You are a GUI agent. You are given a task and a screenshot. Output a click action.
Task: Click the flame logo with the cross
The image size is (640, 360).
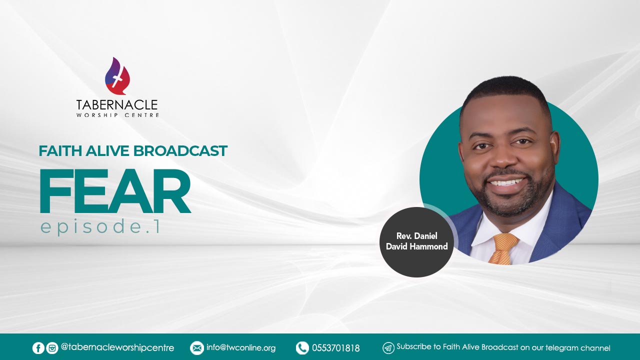tap(117, 76)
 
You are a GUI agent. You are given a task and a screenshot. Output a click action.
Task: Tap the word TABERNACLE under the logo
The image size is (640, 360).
tap(117, 105)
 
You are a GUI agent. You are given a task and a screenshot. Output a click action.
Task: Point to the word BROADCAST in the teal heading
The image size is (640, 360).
tap(180, 151)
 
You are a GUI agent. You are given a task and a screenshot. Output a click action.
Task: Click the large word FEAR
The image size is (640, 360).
tap(115, 191)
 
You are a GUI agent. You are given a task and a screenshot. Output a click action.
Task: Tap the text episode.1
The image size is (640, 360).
tap(100, 226)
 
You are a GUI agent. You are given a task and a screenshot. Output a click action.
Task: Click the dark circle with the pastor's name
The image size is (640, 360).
tap(417, 242)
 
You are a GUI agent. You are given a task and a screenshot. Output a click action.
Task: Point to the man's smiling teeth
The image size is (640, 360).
tap(507, 182)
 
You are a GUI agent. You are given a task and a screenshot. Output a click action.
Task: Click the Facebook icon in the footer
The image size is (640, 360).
tap(38, 348)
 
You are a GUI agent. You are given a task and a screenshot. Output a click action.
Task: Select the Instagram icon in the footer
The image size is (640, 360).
tap(52, 348)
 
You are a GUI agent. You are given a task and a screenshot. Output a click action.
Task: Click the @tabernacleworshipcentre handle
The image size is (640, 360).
tap(117, 347)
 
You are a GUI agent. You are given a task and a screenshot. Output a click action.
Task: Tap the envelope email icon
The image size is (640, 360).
tap(197, 348)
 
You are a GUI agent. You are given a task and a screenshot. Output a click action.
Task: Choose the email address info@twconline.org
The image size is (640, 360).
tap(241, 347)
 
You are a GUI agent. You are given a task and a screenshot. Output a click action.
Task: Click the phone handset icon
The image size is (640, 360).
tap(302, 348)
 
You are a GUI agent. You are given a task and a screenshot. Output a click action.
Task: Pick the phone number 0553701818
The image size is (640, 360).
tap(335, 348)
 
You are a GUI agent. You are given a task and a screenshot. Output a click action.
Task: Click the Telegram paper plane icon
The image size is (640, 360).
tap(388, 348)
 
